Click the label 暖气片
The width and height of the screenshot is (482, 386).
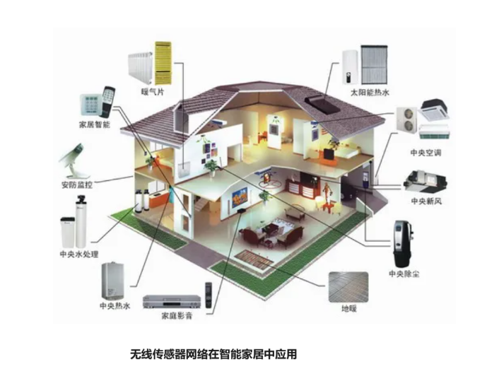point(153,92)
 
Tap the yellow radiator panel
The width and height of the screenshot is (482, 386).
point(163,63)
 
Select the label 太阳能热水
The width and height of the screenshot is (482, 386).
point(370,93)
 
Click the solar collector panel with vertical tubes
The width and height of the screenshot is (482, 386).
point(375,64)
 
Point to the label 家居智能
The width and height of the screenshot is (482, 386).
point(95,124)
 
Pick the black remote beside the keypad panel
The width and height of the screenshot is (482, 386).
point(108,102)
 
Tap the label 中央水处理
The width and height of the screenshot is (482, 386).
point(79,255)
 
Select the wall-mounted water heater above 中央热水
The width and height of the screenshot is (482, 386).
point(113,281)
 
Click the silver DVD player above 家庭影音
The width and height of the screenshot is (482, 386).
point(172,301)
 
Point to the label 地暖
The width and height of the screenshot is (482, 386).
point(349,308)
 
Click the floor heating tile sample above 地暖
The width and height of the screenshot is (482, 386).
point(348,287)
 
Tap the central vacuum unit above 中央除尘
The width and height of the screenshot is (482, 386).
point(404,244)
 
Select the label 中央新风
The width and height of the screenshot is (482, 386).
point(426,201)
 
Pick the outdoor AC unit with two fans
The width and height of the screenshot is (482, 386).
point(406,119)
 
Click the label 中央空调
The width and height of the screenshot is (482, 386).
point(425,153)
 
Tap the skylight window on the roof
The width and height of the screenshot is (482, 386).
point(322,105)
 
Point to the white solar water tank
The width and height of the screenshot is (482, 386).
point(350,67)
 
